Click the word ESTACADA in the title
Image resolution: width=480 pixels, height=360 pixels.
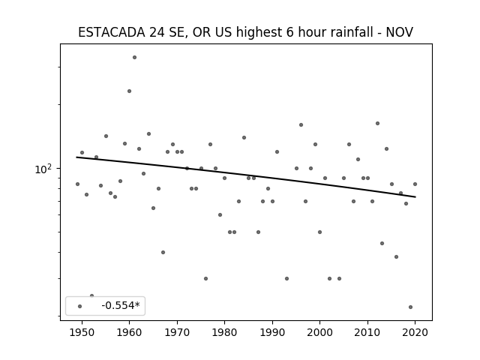coord(112,32)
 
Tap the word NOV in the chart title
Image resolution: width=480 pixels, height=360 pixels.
coord(399,32)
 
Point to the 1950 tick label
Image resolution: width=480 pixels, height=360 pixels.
coord(82,332)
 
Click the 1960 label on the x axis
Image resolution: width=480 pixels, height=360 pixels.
coord(129,332)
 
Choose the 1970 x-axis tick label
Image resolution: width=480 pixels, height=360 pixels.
coord(177,332)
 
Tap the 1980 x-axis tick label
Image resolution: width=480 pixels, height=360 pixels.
coord(224,332)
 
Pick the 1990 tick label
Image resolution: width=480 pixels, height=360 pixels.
coord(272,332)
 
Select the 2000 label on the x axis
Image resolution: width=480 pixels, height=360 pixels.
coord(319,332)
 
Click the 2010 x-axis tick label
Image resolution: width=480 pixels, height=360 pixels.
coord(367,332)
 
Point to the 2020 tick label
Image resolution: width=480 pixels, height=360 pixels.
coord(415,332)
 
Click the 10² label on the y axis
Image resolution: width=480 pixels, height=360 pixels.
coord(43,169)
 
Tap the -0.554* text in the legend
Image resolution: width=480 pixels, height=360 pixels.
coord(121,305)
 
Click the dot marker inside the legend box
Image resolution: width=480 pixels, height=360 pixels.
coord(80,306)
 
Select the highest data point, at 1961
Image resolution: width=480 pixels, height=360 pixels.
coord(134,57)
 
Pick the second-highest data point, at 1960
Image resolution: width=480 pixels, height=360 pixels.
coord(129,91)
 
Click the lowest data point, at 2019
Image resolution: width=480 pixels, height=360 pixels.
coord(410,307)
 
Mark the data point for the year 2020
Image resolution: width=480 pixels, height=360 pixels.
coord(415,184)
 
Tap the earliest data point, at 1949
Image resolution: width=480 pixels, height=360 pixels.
coord(77,184)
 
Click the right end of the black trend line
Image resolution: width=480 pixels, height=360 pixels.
coord(415,196)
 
